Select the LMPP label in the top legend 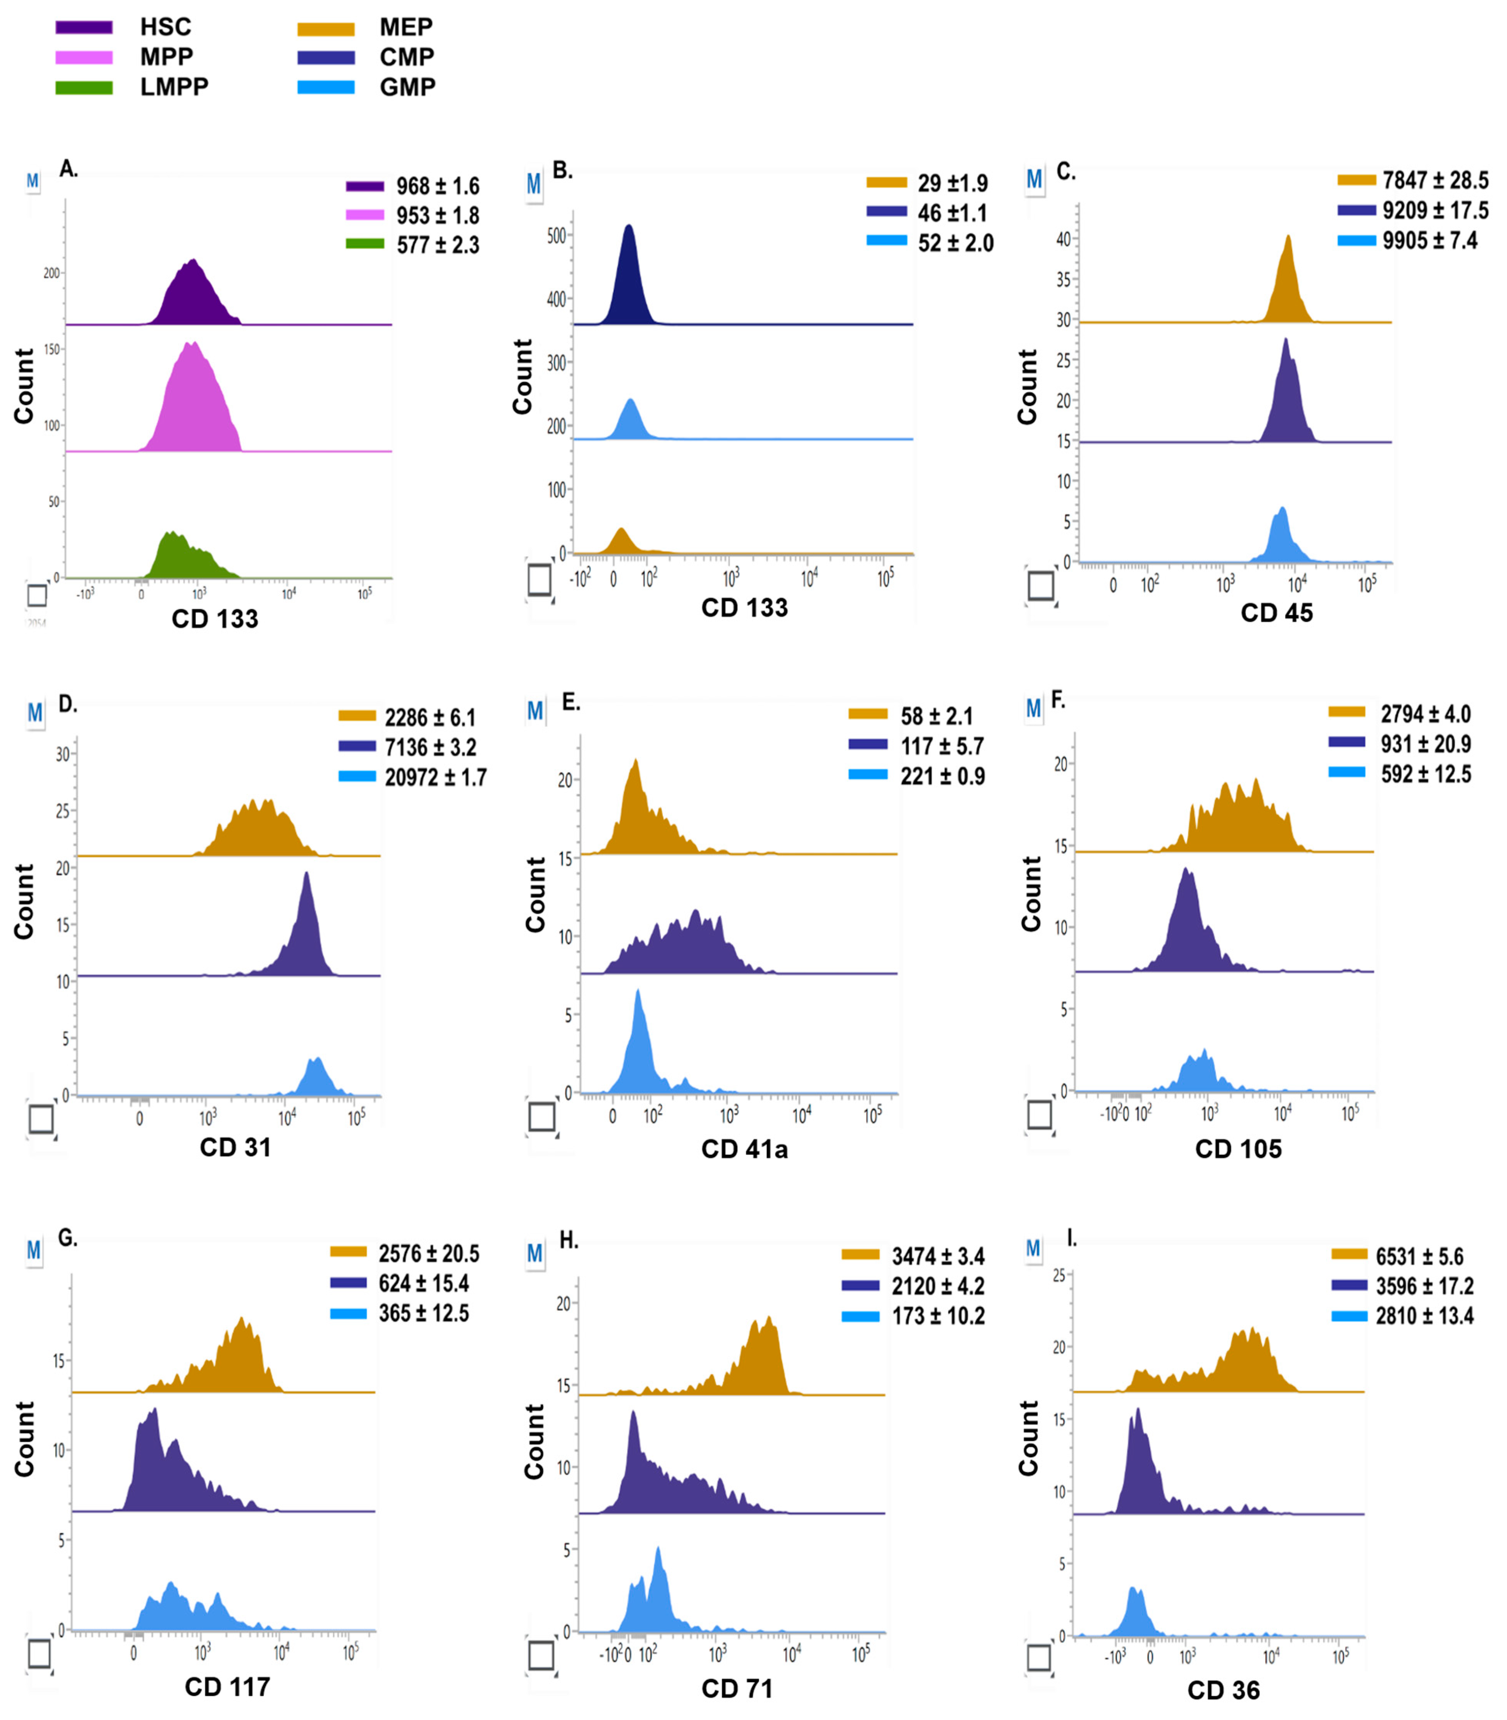tap(174, 87)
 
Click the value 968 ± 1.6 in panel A tap(437, 186)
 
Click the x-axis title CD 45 tap(1276, 613)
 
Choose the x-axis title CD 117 tap(227, 1686)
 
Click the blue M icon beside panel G tap(34, 1250)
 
